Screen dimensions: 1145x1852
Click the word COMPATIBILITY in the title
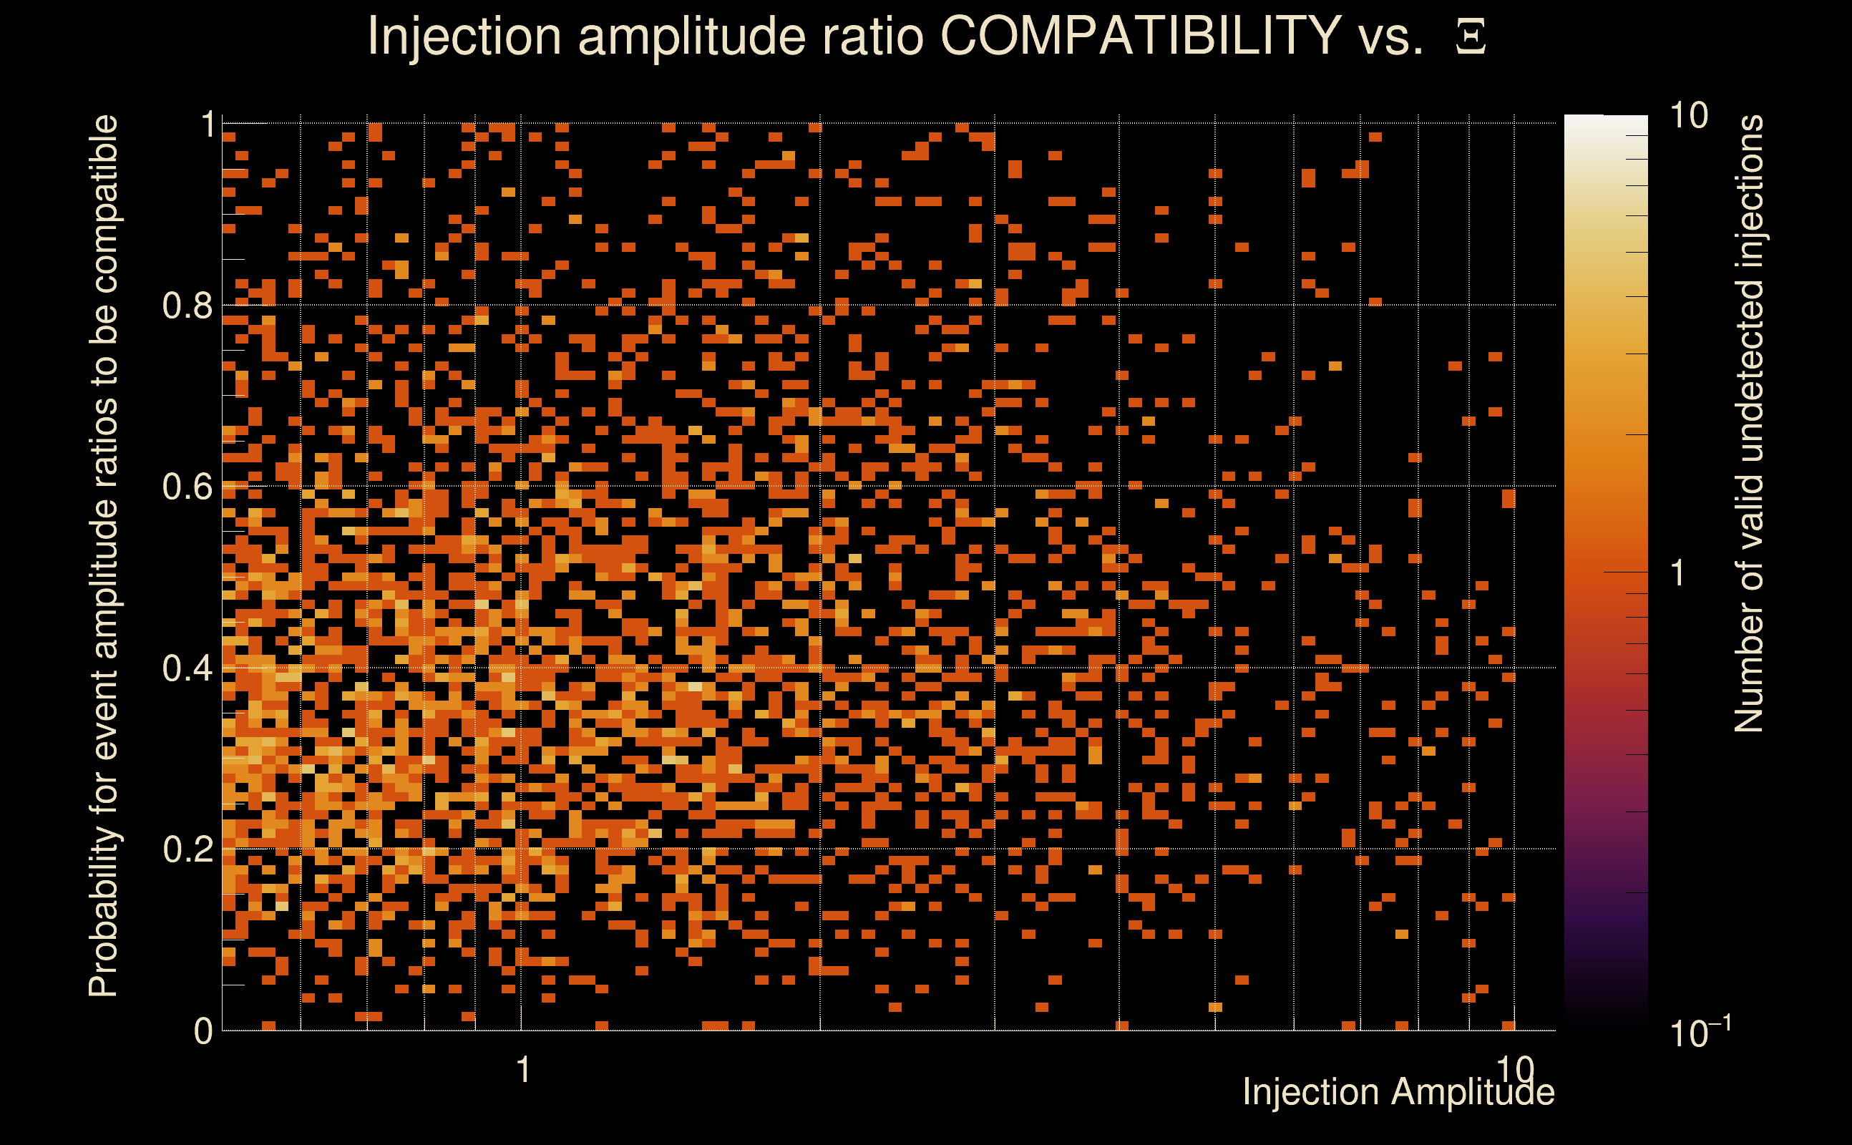click(1140, 36)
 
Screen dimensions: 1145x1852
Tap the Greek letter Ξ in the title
click(1471, 37)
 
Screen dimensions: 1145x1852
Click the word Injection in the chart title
click(464, 37)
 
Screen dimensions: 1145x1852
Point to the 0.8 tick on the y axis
click(187, 306)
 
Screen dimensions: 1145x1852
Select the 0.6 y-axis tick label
click(187, 487)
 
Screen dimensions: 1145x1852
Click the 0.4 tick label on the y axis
click(187, 668)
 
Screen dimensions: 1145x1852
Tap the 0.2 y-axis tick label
click(187, 849)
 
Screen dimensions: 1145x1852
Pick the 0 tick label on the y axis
click(203, 1031)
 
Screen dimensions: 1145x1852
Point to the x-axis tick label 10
click(1514, 1069)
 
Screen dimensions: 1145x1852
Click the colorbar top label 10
click(1688, 116)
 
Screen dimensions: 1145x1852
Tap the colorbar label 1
click(1678, 573)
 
